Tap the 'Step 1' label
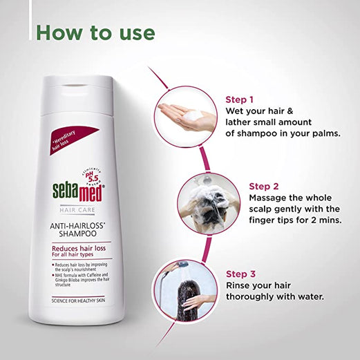pos(240,100)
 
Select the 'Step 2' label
pos(264,185)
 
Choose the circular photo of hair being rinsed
pos(187,290)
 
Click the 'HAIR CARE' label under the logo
pos(77,210)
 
